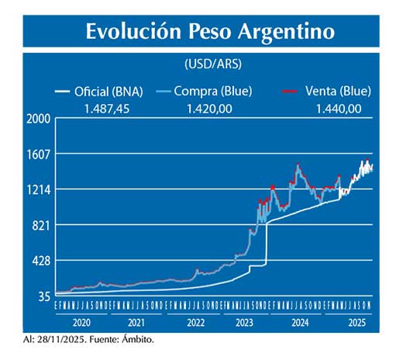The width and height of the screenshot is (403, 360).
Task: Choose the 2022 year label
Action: click(195, 321)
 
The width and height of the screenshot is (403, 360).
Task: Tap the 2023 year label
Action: click(244, 321)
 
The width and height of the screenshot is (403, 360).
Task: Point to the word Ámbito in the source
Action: click(143, 339)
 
